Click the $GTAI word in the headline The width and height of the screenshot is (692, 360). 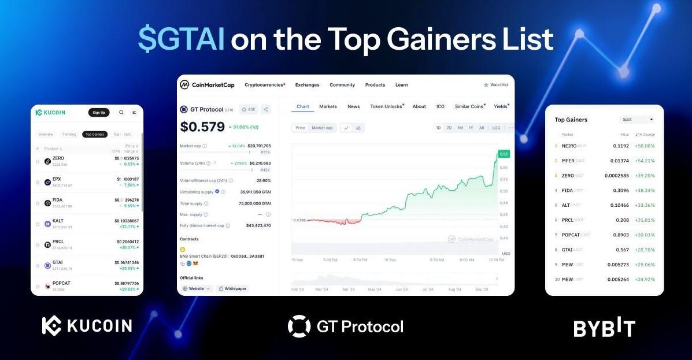181,40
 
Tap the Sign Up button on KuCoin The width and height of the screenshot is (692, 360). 99,113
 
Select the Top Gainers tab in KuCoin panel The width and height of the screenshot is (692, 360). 95,135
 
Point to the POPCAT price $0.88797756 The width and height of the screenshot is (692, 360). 127,283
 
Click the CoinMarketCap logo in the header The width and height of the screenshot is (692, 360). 207,85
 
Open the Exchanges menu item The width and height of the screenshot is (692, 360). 307,85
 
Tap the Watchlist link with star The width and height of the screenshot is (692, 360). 495,85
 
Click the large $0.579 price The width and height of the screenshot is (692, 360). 202,127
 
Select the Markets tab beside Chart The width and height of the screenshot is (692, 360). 328,106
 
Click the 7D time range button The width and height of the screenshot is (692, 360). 449,128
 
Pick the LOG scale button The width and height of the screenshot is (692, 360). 496,128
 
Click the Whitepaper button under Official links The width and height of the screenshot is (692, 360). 233,288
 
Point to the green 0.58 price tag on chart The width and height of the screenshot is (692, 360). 504,154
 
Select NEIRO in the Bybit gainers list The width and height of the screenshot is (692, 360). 569,146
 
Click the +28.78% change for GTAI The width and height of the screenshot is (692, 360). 644,250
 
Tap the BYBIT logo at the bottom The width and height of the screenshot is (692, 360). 604,327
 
